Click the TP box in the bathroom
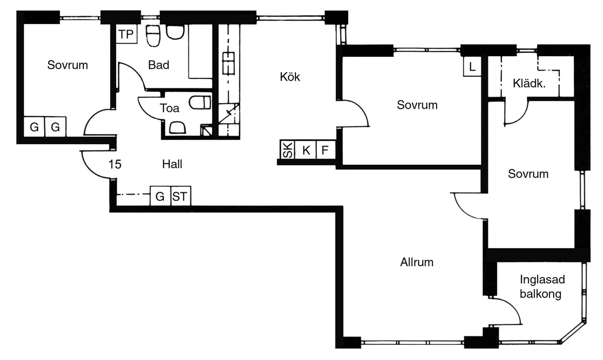(126, 35)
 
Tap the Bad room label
(159, 65)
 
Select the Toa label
(169, 107)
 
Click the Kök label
(290, 77)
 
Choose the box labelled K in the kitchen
(306, 150)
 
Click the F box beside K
(325, 150)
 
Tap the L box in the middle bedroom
(472, 66)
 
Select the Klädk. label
(529, 83)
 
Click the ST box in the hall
(180, 197)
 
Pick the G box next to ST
(160, 197)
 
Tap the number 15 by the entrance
(115, 164)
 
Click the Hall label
(172, 164)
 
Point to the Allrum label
(417, 262)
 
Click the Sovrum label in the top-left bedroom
(67, 65)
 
